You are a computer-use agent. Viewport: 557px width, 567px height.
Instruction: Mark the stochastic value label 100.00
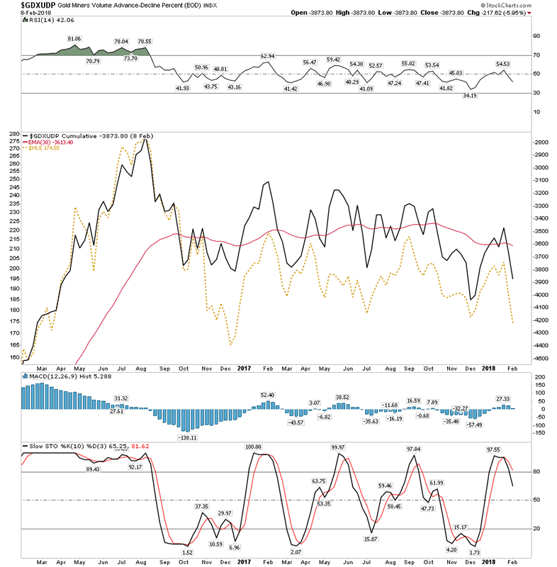pyautogui.click(x=254, y=447)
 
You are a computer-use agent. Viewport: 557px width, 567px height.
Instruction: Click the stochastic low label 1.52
pyautogui.click(x=187, y=552)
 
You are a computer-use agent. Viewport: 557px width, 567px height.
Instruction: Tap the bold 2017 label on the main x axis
pyautogui.click(x=244, y=368)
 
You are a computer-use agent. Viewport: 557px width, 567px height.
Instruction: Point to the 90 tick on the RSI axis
pyautogui.click(x=536, y=35)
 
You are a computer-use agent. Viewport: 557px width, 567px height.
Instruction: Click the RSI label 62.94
pyautogui.click(x=267, y=56)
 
